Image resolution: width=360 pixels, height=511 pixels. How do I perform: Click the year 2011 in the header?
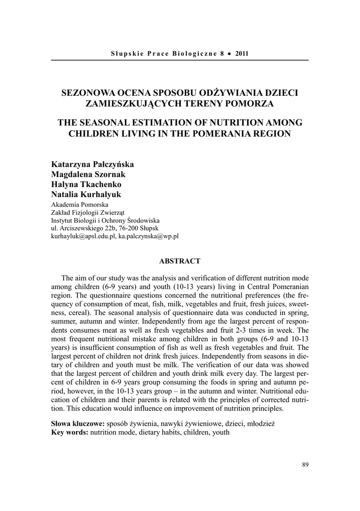pos(242,53)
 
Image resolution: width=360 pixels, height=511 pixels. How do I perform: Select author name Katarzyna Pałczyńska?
pos(92,164)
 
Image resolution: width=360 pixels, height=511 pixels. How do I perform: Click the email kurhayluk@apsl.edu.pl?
pos(83,236)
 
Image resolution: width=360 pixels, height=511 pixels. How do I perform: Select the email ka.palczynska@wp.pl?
pos(148,236)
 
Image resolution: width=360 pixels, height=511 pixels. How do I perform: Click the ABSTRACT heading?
pos(180,261)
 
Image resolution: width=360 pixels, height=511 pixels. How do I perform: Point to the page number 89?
pos(306,465)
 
